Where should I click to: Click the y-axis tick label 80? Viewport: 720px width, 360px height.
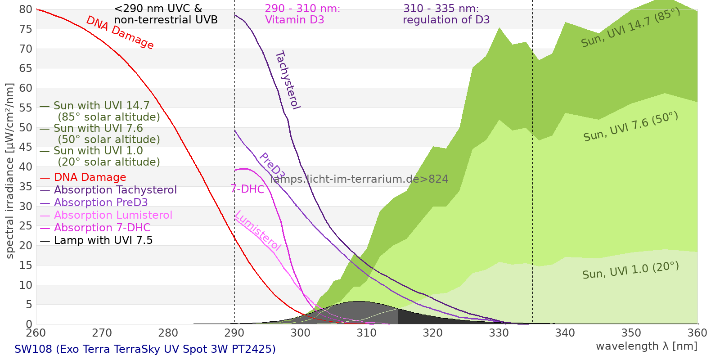pyautogui.click(x=26, y=9)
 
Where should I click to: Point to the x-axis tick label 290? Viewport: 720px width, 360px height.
pyautogui.click(x=234, y=333)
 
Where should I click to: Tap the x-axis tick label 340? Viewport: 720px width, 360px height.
pyautogui.click(x=565, y=333)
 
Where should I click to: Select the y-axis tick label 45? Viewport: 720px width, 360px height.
pyautogui.click(x=26, y=147)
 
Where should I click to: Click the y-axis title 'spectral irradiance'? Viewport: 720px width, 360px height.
pyautogui.click(x=10, y=171)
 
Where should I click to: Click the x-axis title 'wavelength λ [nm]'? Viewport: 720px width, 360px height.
pyautogui.click(x=646, y=346)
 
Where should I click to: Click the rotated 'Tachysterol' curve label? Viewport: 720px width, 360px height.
pyautogui.click(x=287, y=80)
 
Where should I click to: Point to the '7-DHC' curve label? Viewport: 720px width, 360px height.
pyautogui.click(x=247, y=189)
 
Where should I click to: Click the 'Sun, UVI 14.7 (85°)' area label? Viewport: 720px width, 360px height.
pyautogui.click(x=630, y=28)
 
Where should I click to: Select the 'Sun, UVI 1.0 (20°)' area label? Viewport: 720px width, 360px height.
pyautogui.click(x=630, y=270)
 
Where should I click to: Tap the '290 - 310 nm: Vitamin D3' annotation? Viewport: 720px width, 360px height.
pyautogui.click(x=302, y=14)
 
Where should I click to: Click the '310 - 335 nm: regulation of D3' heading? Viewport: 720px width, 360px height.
pyautogui.click(x=446, y=14)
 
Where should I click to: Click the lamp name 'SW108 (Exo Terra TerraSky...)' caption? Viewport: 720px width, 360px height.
pyautogui.click(x=145, y=349)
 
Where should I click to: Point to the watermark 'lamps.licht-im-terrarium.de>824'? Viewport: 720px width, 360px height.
pyautogui.click(x=359, y=179)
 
